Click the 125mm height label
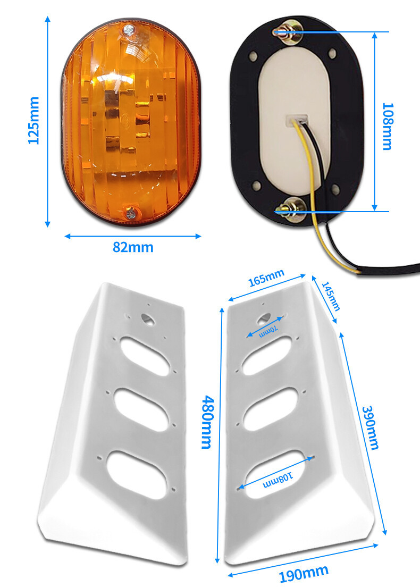pyautogui.click(x=33, y=120)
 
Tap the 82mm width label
pyautogui.click(x=133, y=247)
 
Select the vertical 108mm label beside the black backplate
pyautogui.click(x=387, y=127)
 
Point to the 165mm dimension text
pyautogui.click(x=266, y=278)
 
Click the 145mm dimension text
pyautogui.click(x=331, y=297)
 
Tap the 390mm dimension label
pyautogui.click(x=371, y=427)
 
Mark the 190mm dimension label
pyautogui.click(x=304, y=574)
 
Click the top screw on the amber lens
pyautogui.click(x=129, y=29)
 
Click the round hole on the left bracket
pyautogui.click(x=148, y=319)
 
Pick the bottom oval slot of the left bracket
pyautogui.click(x=136, y=474)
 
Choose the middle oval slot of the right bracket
pyautogui.click(x=271, y=409)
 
